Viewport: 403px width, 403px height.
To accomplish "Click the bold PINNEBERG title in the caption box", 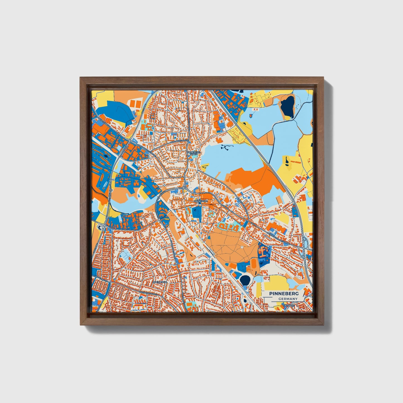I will pyautogui.click(x=284, y=294).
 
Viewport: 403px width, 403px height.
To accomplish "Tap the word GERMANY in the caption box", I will pyautogui.click(x=288, y=299).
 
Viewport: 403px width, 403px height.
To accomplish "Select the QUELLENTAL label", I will pyautogui.click(x=160, y=282).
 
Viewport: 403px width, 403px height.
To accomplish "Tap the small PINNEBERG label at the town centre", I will pyautogui.click(x=201, y=201).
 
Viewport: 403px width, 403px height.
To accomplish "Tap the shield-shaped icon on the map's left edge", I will pyautogui.click(x=100, y=227).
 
